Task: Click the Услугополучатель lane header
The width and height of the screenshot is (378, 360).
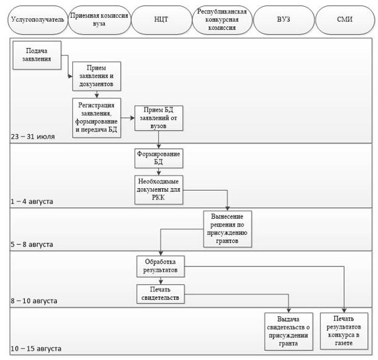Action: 38,20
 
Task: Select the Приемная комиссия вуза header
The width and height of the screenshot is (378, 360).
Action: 100,20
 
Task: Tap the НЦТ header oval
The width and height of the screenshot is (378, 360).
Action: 161,20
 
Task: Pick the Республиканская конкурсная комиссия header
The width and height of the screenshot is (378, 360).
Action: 222,20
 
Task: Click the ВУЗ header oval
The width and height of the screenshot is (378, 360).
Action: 284,20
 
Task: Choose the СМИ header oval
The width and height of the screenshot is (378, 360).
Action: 345,20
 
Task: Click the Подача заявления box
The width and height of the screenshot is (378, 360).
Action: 37,55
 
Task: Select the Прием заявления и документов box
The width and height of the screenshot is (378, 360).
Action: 96,76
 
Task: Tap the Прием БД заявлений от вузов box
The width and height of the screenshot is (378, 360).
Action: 158,118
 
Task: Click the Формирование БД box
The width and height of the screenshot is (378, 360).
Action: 158,158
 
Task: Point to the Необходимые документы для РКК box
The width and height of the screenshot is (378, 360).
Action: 158,190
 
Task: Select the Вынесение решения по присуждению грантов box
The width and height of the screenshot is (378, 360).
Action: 228,229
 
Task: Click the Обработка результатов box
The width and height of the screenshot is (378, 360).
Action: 161,267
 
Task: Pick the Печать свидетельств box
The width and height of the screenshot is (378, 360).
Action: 161,294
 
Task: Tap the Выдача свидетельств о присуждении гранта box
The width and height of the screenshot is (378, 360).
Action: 289,331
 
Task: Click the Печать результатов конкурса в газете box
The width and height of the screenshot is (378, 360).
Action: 344,331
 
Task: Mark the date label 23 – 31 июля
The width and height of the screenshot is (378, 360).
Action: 33,137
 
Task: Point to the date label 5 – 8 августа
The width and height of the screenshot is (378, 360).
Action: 32,245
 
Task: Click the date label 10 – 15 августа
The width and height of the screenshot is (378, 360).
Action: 36,348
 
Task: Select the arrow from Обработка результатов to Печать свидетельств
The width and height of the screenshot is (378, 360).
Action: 161,281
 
